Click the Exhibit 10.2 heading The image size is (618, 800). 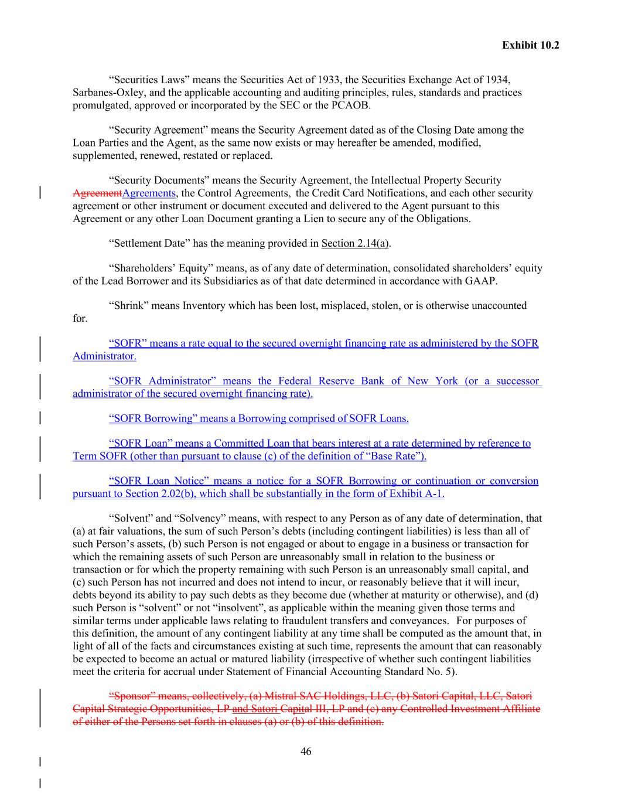(x=530, y=45)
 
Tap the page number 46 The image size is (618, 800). (x=306, y=752)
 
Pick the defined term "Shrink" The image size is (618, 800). (x=129, y=306)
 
